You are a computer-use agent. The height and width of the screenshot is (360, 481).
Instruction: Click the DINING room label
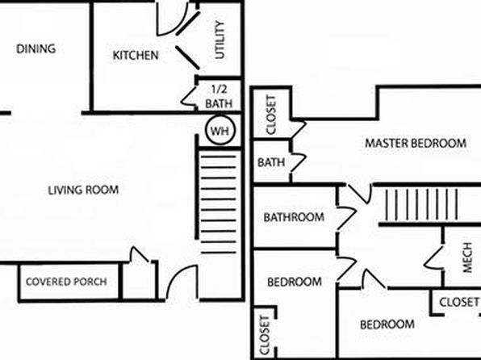pos(36,48)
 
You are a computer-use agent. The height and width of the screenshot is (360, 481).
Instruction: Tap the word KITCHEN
pos(136,55)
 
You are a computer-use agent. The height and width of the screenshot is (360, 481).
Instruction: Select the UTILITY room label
pos(220,40)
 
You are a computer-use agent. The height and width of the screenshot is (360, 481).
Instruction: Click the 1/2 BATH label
pos(219,97)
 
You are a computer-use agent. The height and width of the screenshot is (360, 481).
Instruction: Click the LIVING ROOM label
pos(83,190)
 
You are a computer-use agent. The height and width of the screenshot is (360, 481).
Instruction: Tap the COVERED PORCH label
pos(66,282)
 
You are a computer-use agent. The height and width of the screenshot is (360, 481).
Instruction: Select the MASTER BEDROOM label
pos(416,143)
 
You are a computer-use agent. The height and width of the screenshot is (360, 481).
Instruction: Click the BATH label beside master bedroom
pos(271,162)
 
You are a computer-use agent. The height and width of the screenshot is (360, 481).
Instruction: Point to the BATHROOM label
pos(294,217)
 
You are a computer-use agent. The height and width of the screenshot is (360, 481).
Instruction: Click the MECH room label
pos(467,257)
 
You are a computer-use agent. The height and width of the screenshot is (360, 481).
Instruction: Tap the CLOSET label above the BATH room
pos(271,115)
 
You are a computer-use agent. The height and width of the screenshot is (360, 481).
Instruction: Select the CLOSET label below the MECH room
pos(459,302)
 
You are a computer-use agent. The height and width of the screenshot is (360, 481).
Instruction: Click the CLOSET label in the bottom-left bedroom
pos(265,335)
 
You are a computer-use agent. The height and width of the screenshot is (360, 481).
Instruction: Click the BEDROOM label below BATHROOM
pos(295,282)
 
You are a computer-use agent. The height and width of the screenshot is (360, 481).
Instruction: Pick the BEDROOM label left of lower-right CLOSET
pos(387,324)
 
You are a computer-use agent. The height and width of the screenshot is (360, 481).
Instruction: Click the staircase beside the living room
pos(218,204)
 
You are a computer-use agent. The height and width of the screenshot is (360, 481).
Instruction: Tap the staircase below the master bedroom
pos(421,204)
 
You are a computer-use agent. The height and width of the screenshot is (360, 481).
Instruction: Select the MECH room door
pos(433,257)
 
